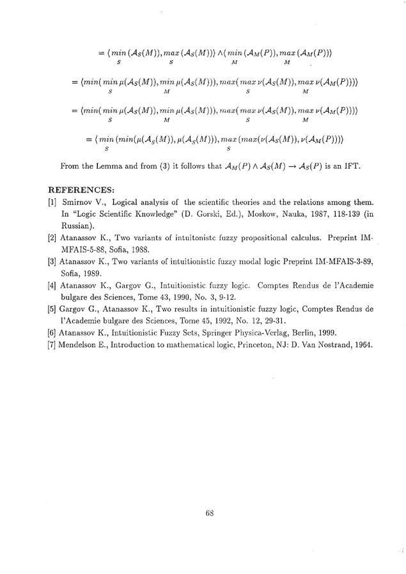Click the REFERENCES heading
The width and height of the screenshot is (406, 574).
pos(81,189)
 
